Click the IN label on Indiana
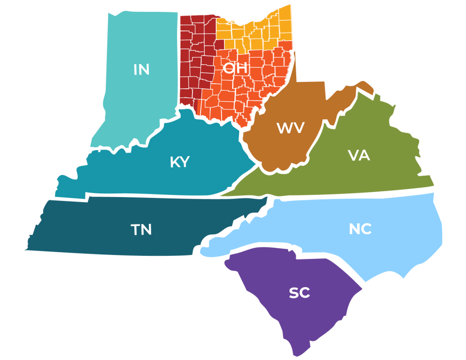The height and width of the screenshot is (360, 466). pyautogui.click(x=142, y=70)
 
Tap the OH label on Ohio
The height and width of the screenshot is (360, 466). pyautogui.click(x=235, y=68)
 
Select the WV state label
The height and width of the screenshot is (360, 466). pyautogui.click(x=290, y=128)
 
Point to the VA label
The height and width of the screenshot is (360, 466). pyautogui.click(x=359, y=156)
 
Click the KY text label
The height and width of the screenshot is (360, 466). pyautogui.click(x=179, y=162)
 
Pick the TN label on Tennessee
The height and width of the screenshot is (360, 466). pyautogui.click(x=141, y=230)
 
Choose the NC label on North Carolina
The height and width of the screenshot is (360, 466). pyautogui.click(x=360, y=229)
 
